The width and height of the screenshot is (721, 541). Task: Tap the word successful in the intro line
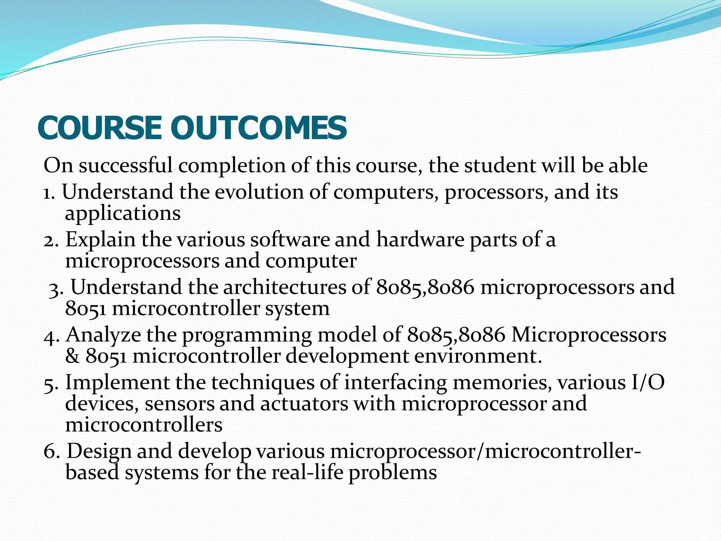click(126, 165)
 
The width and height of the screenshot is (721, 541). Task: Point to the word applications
click(123, 214)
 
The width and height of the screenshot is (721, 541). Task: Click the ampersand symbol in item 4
click(73, 356)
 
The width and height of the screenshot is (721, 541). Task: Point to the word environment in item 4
click(477, 356)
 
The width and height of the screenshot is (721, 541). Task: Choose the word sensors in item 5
click(179, 404)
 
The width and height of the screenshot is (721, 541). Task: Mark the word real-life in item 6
click(307, 473)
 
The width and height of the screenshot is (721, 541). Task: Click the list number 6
click(51, 452)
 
